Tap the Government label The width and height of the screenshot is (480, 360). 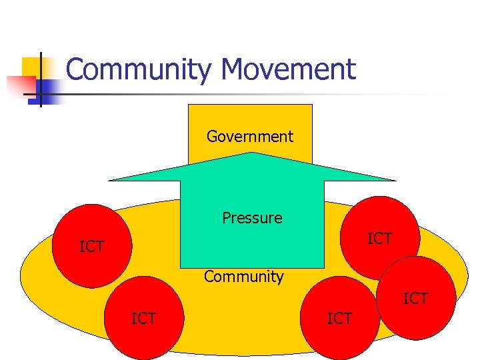coord(250,137)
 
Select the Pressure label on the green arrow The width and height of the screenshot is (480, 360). coord(252,218)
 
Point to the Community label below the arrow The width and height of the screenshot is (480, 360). coord(244,277)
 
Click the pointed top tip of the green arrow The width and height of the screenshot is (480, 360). coord(252,153)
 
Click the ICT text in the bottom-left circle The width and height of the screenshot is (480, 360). coord(144,319)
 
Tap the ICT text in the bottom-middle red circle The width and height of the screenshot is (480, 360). coord(340,319)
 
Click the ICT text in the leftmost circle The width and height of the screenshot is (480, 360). coord(92,247)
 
